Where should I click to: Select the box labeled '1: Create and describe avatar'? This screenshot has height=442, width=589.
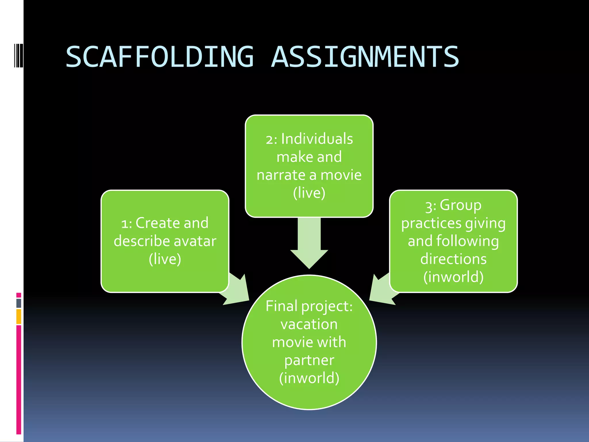pyautogui.click(x=165, y=241)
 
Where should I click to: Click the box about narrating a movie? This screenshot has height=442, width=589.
pyautogui.click(x=309, y=166)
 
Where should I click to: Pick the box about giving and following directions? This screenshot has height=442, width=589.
pyautogui.click(x=453, y=241)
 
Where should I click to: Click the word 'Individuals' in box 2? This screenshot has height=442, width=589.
pyautogui.click(x=317, y=139)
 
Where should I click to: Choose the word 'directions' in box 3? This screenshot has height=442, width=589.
pyautogui.click(x=453, y=259)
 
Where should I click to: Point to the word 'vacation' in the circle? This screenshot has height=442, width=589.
pyautogui.click(x=309, y=324)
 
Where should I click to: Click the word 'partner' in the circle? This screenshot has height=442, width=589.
pyautogui.click(x=309, y=360)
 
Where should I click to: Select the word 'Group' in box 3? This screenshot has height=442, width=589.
pyautogui.click(x=460, y=205)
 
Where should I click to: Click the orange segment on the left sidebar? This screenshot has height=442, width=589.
pyautogui.click(x=19, y=317)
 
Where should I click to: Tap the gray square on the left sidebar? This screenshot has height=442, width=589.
pyautogui.click(x=19, y=303)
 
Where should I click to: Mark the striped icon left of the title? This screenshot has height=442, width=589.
pyautogui.click(x=18, y=55)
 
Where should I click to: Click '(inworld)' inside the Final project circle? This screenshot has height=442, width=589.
pyautogui.click(x=309, y=378)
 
